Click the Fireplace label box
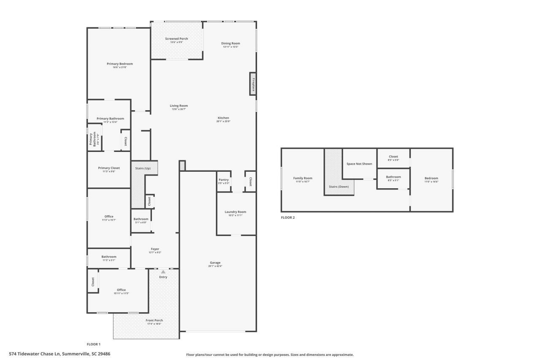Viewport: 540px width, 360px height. pyautogui.click(x=253, y=84)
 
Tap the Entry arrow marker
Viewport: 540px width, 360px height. pyautogui.click(x=163, y=272)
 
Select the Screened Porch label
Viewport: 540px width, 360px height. pyautogui.click(x=176, y=39)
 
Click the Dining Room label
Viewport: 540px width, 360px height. pyautogui.click(x=231, y=43)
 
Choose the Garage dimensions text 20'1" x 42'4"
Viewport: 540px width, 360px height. pyautogui.click(x=215, y=266)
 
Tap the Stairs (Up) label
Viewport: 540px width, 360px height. pyautogui.click(x=143, y=168)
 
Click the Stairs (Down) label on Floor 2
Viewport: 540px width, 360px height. pyautogui.click(x=339, y=186)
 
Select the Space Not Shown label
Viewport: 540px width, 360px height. pyautogui.click(x=359, y=164)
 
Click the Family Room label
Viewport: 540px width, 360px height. pyautogui.click(x=302, y=178)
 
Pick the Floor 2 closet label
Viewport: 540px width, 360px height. pyautogui.click(x=393, y=157)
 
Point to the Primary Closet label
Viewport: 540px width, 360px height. pyautogui.click(x=109, y=168)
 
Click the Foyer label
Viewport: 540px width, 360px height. pyautogui.click(x=155, y=249)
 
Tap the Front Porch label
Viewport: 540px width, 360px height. pyautogui.click(x=155, y=320)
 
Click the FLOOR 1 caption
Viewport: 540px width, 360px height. pyautogui.click(x=94, y=344)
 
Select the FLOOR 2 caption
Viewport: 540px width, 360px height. pyautogui.click(x=288, y=218)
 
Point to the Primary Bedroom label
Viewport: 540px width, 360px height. pyautogui.click(x=119, y=64)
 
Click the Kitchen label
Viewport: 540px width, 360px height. pyautogui.click(x=223, y=118)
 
